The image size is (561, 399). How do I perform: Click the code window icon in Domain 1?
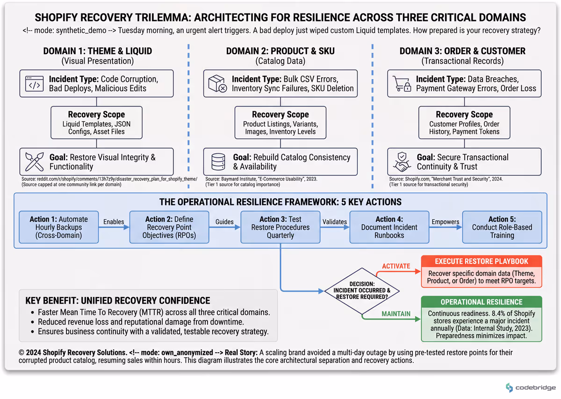pos(34,84)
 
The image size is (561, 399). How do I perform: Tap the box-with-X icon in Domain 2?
pos(217,84)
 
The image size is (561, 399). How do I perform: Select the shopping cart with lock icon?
pos(402,84)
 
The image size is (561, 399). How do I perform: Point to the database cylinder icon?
pos(218,162)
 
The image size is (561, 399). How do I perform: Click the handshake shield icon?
pos(402,162)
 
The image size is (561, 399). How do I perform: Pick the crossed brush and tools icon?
pos(34,162)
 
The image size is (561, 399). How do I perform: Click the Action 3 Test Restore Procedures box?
pos(280,227)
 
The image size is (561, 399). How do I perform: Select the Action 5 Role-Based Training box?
pos(502,227)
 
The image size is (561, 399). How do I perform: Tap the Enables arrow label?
pos(114,222)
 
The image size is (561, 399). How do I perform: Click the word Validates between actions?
pos(335,222)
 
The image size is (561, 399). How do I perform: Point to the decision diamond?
pos(362,291)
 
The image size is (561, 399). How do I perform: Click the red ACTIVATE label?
pos(396,266)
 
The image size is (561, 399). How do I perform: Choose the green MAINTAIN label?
pos(396,314)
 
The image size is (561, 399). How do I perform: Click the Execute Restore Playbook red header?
pos(482,261)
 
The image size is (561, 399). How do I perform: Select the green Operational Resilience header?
pos(482,302)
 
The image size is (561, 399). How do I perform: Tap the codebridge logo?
pos(531,388)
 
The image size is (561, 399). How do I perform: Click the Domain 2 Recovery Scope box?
pos(280,123)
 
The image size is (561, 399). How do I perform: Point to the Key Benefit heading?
pos(118,300)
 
